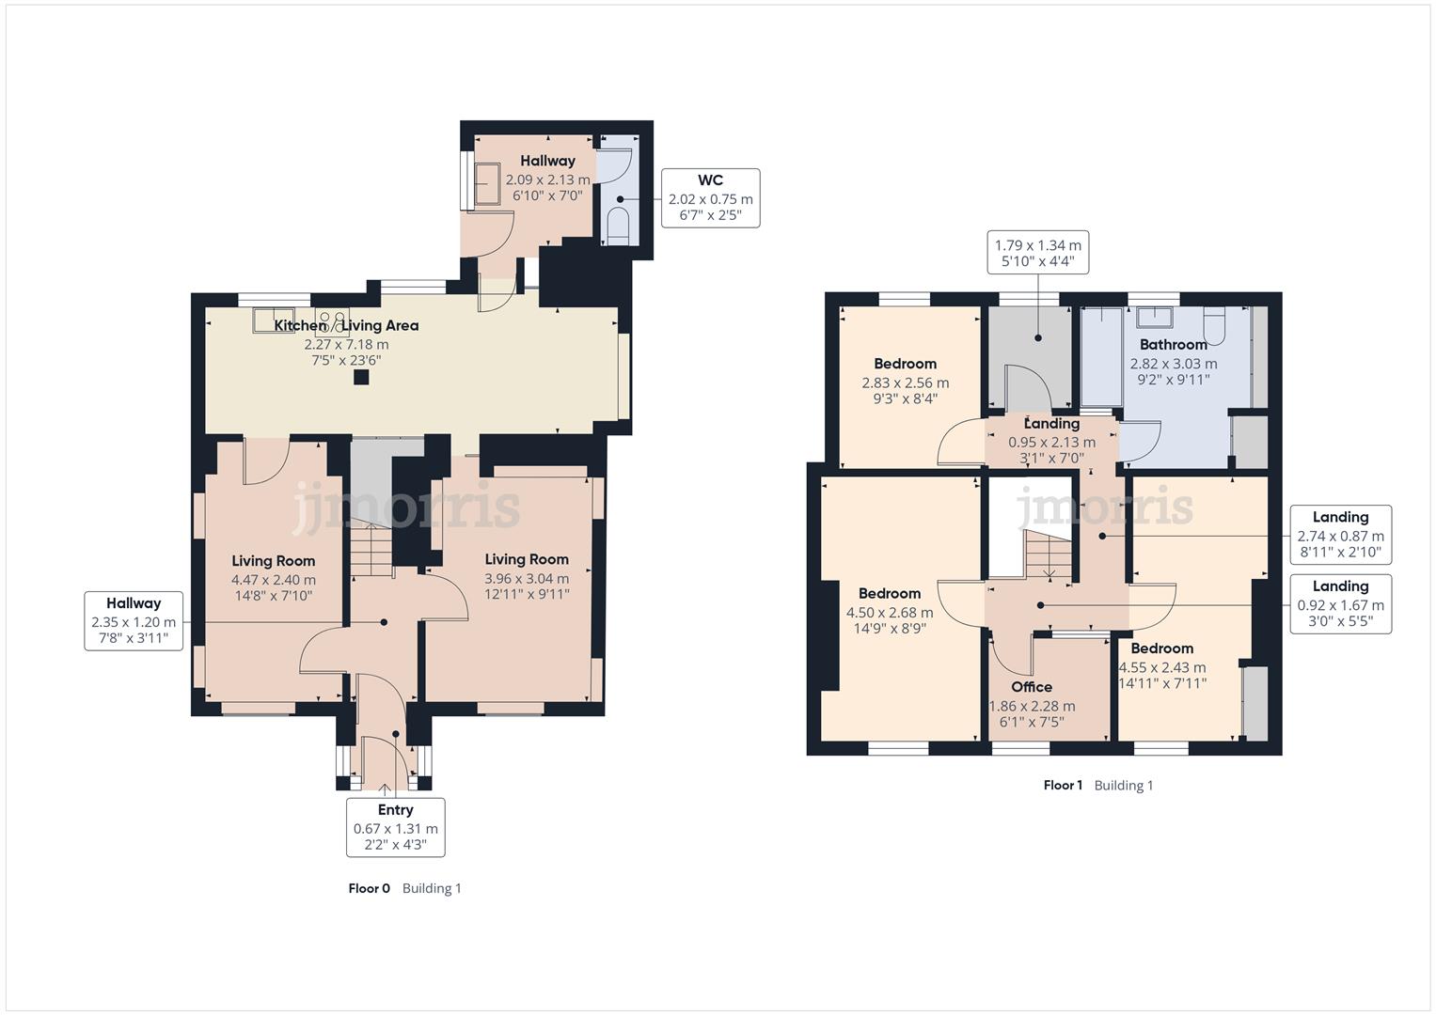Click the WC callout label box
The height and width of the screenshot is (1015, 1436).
pyautogui.click(x=710, y=198)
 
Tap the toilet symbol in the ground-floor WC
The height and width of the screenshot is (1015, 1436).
pyautogui.click(x=618, y=226)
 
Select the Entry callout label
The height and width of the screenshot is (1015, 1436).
pyautogui.click(x=395, y=827)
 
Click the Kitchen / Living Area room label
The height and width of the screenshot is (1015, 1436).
pyautogui.click(x=346, y=326)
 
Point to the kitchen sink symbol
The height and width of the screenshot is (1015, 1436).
pyautogui.click(x=273, y=320)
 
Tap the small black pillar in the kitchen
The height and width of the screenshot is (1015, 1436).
pyautogui.click(x=361, y=377)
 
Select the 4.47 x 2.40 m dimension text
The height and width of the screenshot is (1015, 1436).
pyautogui.click(x=274, y=580)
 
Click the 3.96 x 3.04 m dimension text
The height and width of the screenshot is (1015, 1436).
pyautogui.click(x=527, y=578)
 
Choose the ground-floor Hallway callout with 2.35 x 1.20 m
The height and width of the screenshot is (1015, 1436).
pyautogui.click(x=134, y=621)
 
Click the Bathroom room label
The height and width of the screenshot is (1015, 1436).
pyautogui.click(x=1173, y=345)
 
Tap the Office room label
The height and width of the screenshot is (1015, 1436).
pyautogui.click(x=1032, y=687)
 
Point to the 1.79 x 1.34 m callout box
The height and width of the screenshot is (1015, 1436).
pyautogui.click(x=1037, y=252)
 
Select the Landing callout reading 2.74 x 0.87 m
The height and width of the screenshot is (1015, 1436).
pyautogui.click(x=1340, y=535)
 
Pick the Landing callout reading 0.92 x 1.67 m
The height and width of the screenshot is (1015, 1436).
pyautogui.click(x=1340, y=604)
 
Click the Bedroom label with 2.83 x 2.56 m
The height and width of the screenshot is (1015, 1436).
pyautogui.click(x=905, y=364)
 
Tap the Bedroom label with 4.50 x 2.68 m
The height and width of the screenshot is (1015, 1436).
pyautogui.click(x=889, y=594)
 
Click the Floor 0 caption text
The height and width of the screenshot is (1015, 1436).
pyautogui.click(x=369, y=888)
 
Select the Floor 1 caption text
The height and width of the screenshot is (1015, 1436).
pyautogui.click(x=1063, y=786)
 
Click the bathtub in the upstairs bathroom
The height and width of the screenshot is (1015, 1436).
pyautogui.click(x=1100, y=355)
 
